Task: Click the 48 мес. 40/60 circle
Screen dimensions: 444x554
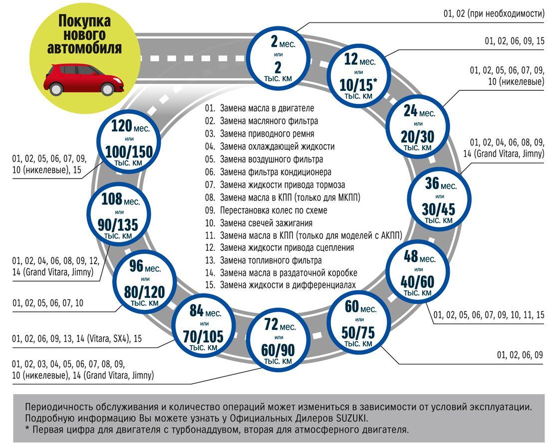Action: click(418, 272)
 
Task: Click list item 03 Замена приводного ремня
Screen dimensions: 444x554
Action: click(260, 134)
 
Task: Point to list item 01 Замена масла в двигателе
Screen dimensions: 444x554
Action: click(260, 108)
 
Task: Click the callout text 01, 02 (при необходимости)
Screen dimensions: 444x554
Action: click(494, 14)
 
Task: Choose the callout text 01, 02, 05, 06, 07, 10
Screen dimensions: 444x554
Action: click(48, 303)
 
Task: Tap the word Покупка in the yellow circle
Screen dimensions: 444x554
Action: click(84, 21)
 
